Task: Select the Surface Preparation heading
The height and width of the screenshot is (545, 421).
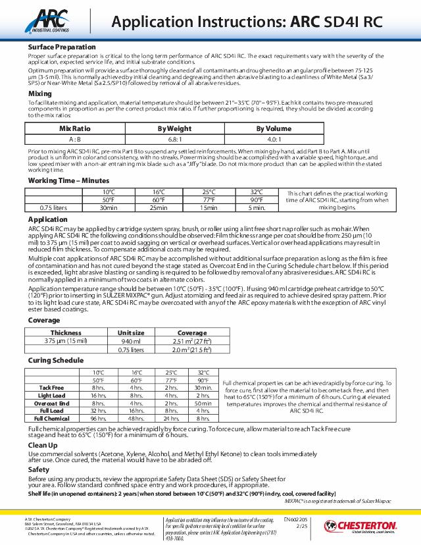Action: (x=62, y=47)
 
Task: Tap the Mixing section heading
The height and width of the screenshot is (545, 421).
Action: (x=40, y=94)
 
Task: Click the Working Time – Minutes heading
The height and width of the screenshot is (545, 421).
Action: (x=68, y=180)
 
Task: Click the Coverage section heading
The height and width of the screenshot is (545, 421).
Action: (x=44, y=320)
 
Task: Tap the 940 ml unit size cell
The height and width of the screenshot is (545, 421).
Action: (x=131, y=341)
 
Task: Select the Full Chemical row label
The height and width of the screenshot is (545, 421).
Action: (x=52, y=419)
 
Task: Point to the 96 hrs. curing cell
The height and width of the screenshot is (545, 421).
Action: (x=99, y=419)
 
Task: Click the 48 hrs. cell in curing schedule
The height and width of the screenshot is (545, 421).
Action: (x=136, y=419)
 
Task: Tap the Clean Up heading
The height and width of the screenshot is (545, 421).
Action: (x=43, y=446)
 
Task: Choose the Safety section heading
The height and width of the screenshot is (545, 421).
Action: (x=38, y=470)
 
